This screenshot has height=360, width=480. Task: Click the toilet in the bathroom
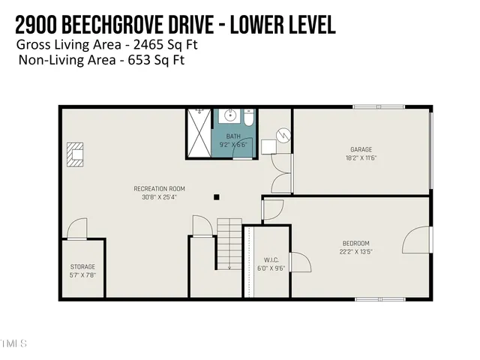tap(249, 118)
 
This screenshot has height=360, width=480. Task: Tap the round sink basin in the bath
tap(230, 117)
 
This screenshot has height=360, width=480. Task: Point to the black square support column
tap(216, 197)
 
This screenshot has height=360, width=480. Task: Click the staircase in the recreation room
tap(229, 244)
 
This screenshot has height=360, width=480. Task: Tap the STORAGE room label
tap(83, 267)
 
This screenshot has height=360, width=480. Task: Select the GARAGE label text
tap(361, 149)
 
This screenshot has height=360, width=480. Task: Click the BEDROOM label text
tap(356, 243)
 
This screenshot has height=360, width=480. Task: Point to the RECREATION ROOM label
tap(159, 189)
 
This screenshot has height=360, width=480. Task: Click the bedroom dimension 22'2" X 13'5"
tap(356, 252)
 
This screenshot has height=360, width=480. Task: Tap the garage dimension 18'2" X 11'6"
tap(361, 158)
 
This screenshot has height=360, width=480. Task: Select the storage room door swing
tap(77, 230)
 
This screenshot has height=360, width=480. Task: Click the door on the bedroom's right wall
tap(415, 242)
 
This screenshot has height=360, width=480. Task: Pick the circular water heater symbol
tap(283, 136)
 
